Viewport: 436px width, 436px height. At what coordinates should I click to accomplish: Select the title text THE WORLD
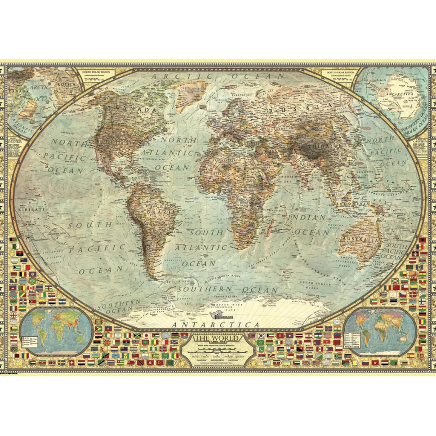tap(218, 338)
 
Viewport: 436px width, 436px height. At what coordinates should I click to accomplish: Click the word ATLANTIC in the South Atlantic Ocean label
tap(201, 248)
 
